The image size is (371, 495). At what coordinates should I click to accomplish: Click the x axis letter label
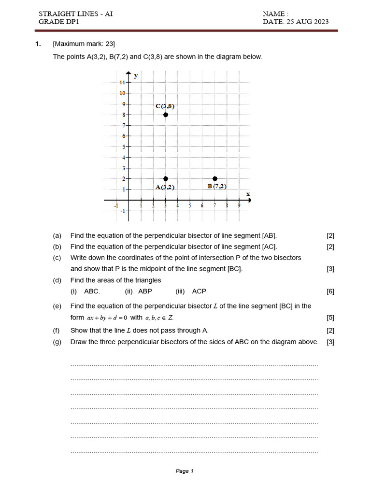click(x=248, y=194)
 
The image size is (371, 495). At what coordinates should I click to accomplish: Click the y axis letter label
click(x=136, y=75)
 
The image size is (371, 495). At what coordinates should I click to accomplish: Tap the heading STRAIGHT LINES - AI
click(x=75, y=14)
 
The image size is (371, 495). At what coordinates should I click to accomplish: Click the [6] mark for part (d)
click(x=330, y=291)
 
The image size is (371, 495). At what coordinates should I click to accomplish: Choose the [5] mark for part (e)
click(x=330, y=318)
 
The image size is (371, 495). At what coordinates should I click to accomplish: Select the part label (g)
click(x=57, y=342)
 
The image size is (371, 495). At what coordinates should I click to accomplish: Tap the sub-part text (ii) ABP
click(x=138, y=291)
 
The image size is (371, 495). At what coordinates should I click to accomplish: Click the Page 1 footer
click(x=185, y=471)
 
